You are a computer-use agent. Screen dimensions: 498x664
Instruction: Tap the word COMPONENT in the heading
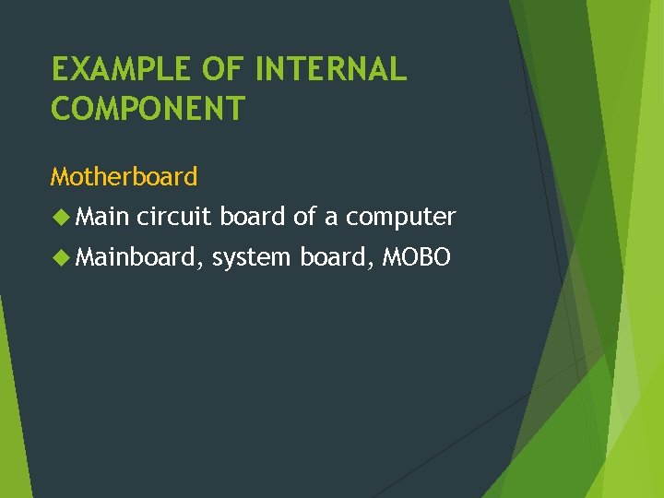pos(148,109)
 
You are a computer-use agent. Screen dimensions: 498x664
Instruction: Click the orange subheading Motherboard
pos(124,175)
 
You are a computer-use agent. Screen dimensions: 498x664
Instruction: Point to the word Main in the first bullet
pos(102,217)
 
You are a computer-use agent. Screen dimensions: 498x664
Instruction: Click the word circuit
pos(175,217)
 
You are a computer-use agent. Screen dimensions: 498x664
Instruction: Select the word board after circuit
pos(253,217)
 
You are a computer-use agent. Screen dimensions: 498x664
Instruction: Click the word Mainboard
pos(136,257)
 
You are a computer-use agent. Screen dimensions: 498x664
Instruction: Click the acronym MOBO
pos(416,257)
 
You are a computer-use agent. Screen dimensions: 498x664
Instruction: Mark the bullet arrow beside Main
pos(61,217)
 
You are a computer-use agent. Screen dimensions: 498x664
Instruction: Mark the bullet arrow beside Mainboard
pos(61,257)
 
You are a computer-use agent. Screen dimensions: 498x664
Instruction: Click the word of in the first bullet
pos(304,217)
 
